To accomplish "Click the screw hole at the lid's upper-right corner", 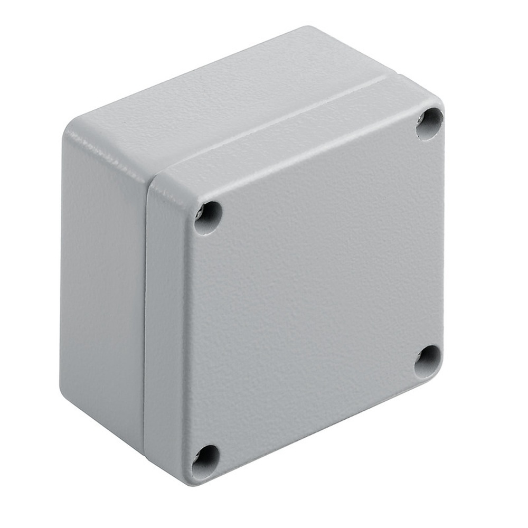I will tap(429, 124).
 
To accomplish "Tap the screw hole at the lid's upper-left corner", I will tap(208, 217).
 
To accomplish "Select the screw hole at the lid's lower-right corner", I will tap(427, 362).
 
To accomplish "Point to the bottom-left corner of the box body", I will tap(66, 401).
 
